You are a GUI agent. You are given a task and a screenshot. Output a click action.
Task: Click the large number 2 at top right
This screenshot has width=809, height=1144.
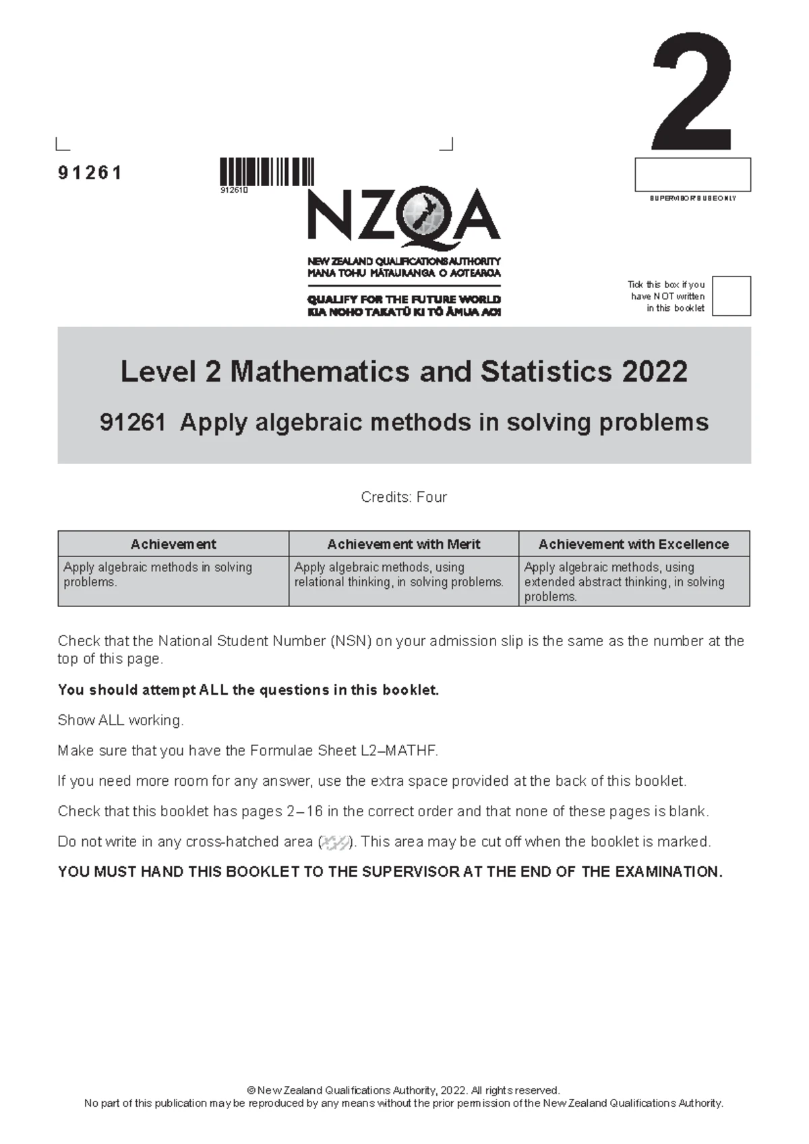pos(692,93)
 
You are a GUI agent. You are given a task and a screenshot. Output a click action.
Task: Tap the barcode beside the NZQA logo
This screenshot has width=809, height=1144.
pos(267,171)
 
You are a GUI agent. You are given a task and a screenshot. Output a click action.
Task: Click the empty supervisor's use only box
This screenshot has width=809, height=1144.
pos(692,175)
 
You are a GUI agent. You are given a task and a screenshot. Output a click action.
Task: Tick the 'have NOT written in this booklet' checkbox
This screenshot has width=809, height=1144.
pos(731,295)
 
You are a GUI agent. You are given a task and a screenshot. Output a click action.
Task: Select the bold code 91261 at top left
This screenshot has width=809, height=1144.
pos(90,173)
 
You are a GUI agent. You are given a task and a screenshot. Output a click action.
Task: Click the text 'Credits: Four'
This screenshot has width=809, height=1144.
pos(404,497)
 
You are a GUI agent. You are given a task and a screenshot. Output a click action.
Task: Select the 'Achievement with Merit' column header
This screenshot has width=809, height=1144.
pos(403,544)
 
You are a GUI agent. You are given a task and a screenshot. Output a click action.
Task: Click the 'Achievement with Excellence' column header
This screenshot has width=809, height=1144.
pos(634,544)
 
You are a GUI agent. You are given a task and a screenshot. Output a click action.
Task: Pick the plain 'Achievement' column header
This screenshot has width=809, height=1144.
pos(173,544)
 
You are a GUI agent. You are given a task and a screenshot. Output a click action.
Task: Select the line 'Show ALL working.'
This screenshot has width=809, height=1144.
pos(121,720)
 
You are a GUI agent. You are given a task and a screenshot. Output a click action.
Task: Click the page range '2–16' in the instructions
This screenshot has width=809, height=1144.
pos(305,811)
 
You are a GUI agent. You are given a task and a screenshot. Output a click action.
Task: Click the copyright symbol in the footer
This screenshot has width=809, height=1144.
pos(251,1090)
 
